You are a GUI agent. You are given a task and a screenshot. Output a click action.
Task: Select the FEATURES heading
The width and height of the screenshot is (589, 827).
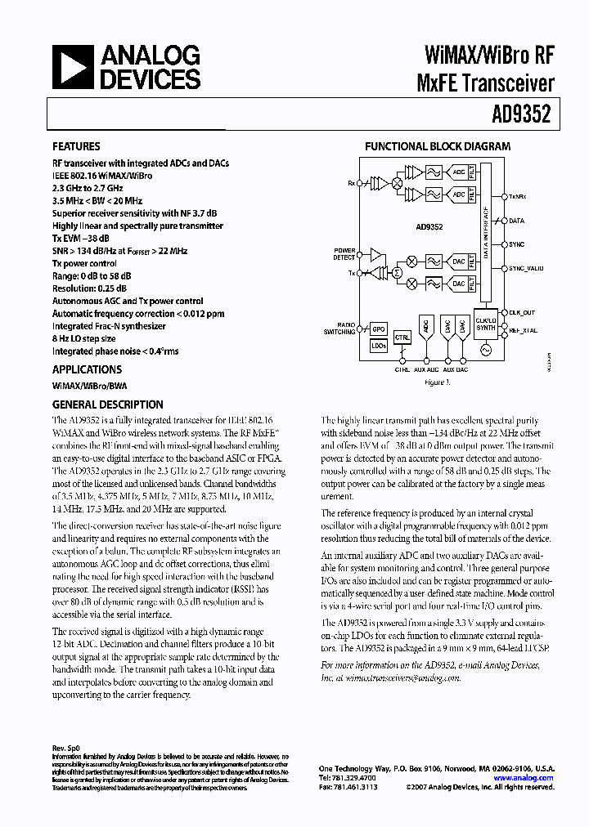pos(76,147)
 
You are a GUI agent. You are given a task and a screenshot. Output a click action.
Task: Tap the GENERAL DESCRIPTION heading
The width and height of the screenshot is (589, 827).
pos(107,405)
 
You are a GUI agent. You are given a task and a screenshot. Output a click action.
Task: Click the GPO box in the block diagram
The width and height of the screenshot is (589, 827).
pos(378,329)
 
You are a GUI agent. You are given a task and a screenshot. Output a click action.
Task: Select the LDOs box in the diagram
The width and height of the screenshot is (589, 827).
pos(378,346)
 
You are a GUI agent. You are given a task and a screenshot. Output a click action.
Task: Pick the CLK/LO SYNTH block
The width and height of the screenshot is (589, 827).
pos(486,323)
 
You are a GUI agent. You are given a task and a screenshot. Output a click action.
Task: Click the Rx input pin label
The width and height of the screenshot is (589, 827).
pos(352,183)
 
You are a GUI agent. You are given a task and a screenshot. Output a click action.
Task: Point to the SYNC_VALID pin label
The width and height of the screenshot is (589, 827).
pos(526,268)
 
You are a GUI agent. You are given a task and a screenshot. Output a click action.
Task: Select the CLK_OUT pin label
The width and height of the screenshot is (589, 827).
pos(522,312)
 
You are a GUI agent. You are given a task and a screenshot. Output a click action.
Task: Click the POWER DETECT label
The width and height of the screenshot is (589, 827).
pos(344,253)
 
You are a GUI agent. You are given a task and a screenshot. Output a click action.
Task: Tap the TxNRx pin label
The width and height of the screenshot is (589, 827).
pos(518,197)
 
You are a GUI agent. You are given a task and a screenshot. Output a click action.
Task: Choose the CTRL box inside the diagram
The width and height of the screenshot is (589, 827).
pos(402,337)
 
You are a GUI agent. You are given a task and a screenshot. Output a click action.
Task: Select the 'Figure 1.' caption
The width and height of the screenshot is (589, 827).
pos(437,382)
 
